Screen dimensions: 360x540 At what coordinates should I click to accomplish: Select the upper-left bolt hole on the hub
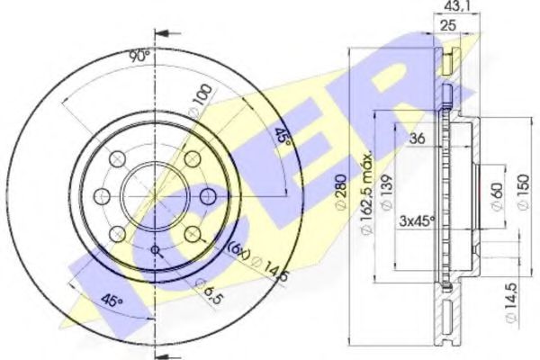[117, 158]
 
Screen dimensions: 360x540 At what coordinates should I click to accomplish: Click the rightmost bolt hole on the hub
[208, 195]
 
